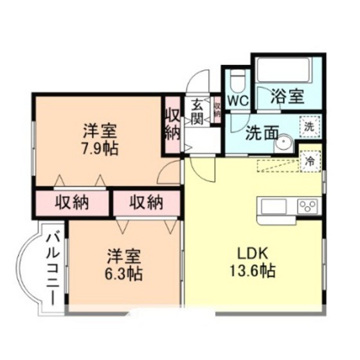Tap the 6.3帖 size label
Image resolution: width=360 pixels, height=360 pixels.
[125, 274]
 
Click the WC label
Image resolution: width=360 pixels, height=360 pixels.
[237, 101]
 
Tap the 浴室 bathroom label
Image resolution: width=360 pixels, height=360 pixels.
[287, 98]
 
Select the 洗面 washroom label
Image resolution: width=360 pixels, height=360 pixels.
[262, 133]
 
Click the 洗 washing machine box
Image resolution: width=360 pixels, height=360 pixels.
[310, 127]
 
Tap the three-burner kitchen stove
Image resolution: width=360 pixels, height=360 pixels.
[307, 206]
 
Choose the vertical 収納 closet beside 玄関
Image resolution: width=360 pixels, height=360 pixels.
[171, 125]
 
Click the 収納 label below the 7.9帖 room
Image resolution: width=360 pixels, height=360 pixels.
[71, 204]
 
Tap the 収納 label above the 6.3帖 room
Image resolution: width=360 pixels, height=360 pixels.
[146, 204]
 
